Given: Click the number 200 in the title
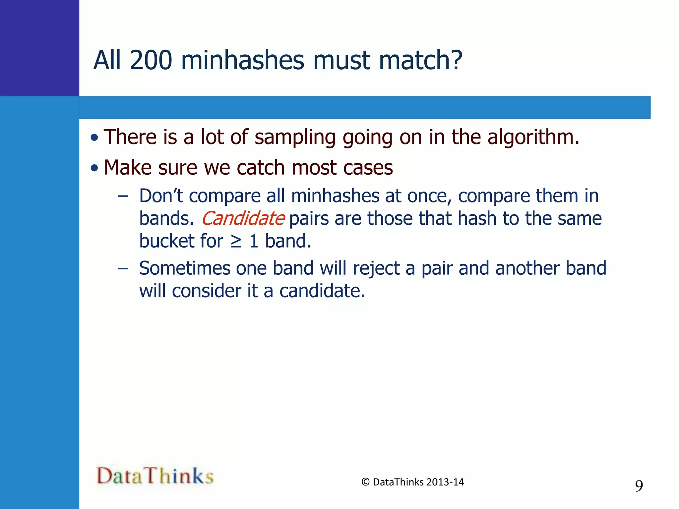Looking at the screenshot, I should click(151, 61).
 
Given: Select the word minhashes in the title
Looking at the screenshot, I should click(242, 61).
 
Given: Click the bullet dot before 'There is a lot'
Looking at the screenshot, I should click(94, 138).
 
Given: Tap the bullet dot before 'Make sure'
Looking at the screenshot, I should click(94, 168).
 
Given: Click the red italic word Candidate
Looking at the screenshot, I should click(243, 219).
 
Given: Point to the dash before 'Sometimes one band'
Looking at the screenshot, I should click(123, 268).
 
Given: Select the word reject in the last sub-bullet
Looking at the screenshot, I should click(376, 269).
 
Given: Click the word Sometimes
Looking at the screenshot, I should click(185, 268).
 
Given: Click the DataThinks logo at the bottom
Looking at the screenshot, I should click(155, 476).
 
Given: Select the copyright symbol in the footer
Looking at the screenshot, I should click(365, 482).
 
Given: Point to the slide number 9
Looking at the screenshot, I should click(639, 486).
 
